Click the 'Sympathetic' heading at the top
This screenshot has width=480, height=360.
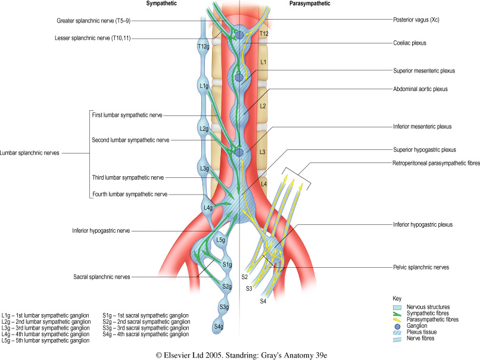point(161,4)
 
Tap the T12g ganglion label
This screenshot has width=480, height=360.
point(203,45)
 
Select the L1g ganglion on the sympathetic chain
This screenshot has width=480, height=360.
point(203,86)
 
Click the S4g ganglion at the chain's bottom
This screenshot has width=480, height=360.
point(219,327)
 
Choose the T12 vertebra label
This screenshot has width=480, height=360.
point(265,35)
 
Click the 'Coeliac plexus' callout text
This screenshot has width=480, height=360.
point(413,43)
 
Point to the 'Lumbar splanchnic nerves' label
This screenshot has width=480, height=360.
point(31,152)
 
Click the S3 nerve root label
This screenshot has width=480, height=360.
point(250,288)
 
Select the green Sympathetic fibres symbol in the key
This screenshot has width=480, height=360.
point(397,312)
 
